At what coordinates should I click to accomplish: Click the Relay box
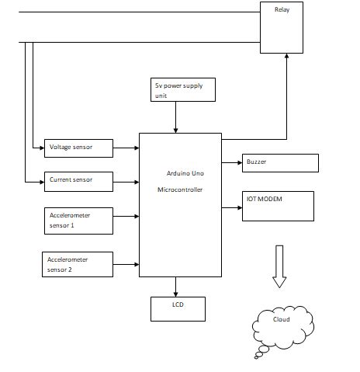tap(282, 27)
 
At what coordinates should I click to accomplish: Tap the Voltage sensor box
tap(79, 147)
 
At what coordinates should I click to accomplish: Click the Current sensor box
tap(79, 181)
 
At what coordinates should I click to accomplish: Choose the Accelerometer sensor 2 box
tap(79, 264)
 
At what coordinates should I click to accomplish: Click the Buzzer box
tap(280, 162)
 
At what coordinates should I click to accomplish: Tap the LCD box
tap(177, 308)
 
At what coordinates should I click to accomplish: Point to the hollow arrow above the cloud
tap(279, 266)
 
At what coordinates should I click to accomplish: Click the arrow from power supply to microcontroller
tap(176, 117)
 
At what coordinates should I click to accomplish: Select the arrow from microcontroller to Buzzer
tap(232, 162)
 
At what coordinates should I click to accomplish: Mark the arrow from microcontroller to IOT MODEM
tap(232, 207)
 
